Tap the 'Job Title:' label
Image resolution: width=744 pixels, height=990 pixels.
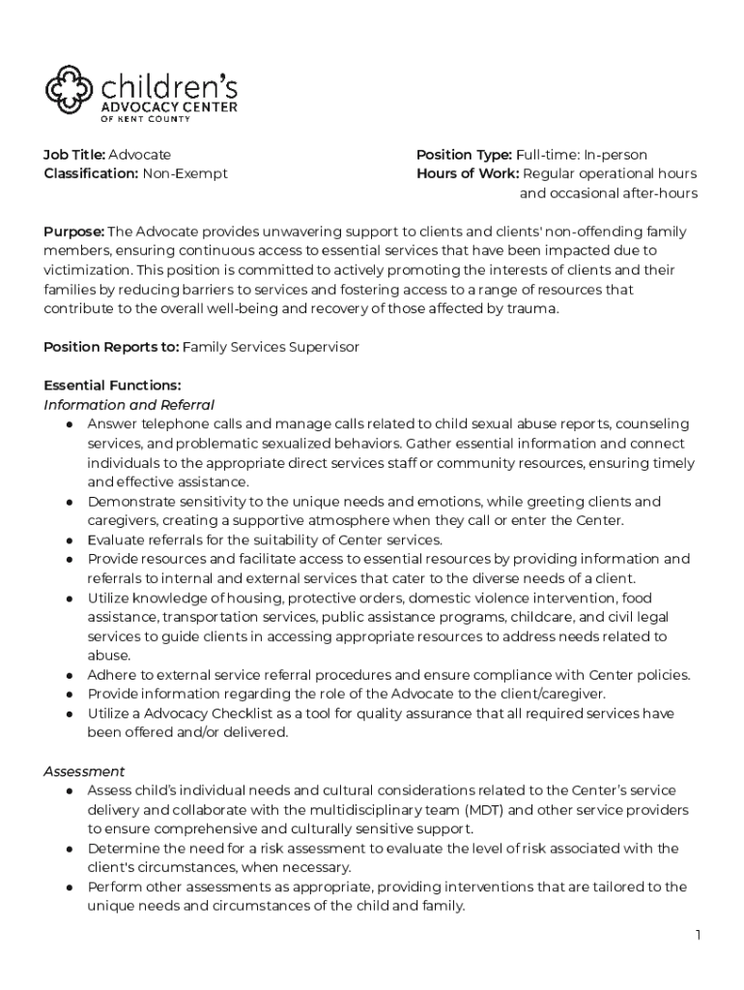click(74, 155)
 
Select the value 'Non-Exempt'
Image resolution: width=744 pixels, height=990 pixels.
click(186, 174)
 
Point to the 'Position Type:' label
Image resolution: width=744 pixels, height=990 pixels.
click(464, 155)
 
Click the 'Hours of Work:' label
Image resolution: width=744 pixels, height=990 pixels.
click(468, 174)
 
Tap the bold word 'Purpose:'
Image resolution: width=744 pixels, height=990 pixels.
click(74, 232)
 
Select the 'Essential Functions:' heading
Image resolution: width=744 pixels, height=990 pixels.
click(112, 386)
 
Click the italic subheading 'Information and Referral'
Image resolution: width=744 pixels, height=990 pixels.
click(129, 405)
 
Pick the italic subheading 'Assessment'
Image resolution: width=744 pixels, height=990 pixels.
click(84, 772)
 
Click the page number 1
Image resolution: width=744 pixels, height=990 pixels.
click(697, 935)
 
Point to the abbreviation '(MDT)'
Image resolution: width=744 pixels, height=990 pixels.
click(489, 810)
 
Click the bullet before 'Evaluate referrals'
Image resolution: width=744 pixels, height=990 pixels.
click(71, 540)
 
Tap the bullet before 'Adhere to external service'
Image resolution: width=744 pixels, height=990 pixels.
click(71, 676)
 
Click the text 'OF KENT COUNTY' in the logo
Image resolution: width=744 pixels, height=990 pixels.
click(146, 119)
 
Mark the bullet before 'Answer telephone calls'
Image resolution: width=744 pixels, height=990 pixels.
click(71, 424)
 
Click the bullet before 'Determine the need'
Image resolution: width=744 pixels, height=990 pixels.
click(71, 849)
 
